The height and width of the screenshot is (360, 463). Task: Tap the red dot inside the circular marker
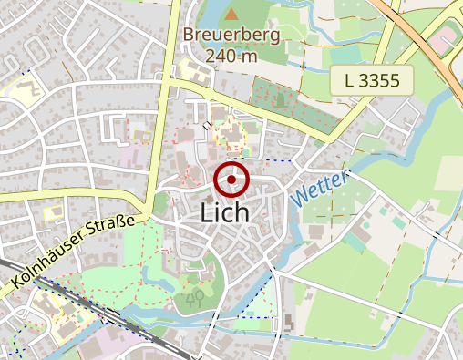232,180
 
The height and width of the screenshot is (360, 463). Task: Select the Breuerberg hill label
231,36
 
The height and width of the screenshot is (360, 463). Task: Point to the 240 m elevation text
231,56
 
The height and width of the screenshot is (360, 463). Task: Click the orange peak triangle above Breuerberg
231,14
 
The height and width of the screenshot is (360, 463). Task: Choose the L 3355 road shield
373,80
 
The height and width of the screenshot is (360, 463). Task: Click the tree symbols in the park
193,298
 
